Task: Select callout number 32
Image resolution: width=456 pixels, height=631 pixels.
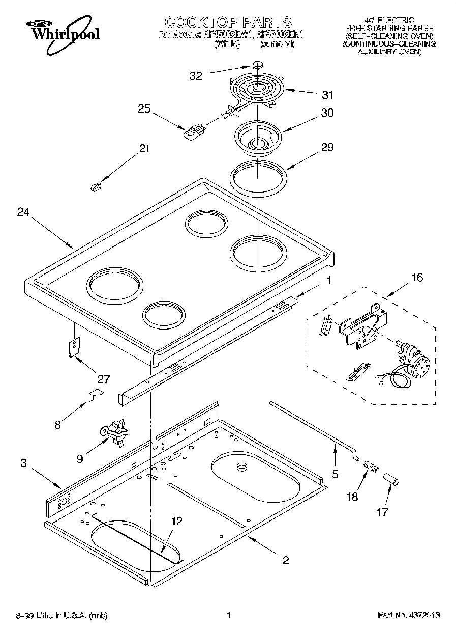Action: [x=196, y=76]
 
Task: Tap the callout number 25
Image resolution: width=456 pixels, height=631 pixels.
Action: [x=145, y=108]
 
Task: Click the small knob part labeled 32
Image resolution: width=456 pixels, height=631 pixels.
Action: [x=258, y=65]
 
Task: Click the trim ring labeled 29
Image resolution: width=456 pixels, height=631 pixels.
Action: [x=258, y=176]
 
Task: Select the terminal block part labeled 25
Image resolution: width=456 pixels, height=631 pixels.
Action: [x=193, y=132]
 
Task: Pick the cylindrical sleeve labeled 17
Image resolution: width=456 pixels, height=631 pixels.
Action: [x=391, y=479]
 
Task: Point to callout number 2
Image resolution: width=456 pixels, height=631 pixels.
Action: [x=285, y=560]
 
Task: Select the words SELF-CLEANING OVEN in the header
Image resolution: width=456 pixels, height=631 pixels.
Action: [x=389, y=36]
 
